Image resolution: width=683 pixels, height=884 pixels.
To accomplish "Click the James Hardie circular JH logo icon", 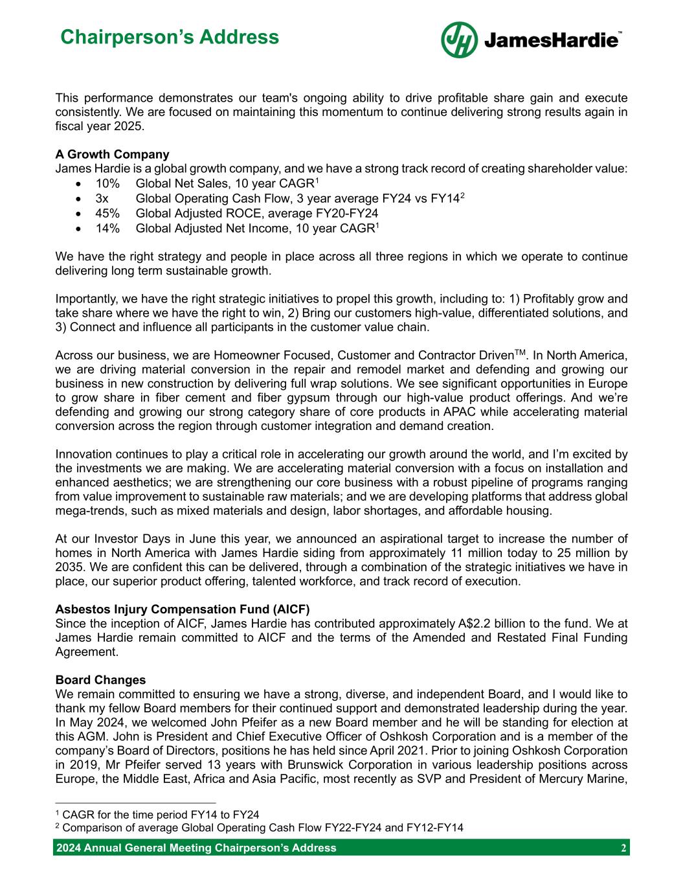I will pyautogui.click(x=460, y=40).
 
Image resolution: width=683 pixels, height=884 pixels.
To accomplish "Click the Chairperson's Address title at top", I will pyautogui.click(x=169, y=37).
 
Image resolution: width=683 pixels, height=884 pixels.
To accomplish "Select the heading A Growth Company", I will pyautogui.click(x=112, y=154).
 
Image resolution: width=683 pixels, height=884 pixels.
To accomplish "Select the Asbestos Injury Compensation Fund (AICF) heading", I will pyautogui.click(x=183, y=609).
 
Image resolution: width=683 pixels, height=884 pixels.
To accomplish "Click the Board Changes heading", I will pyautogui.click(x=100, y=680).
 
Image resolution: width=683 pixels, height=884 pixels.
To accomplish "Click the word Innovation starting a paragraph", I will pyautogui.click(x=82, y=454).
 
